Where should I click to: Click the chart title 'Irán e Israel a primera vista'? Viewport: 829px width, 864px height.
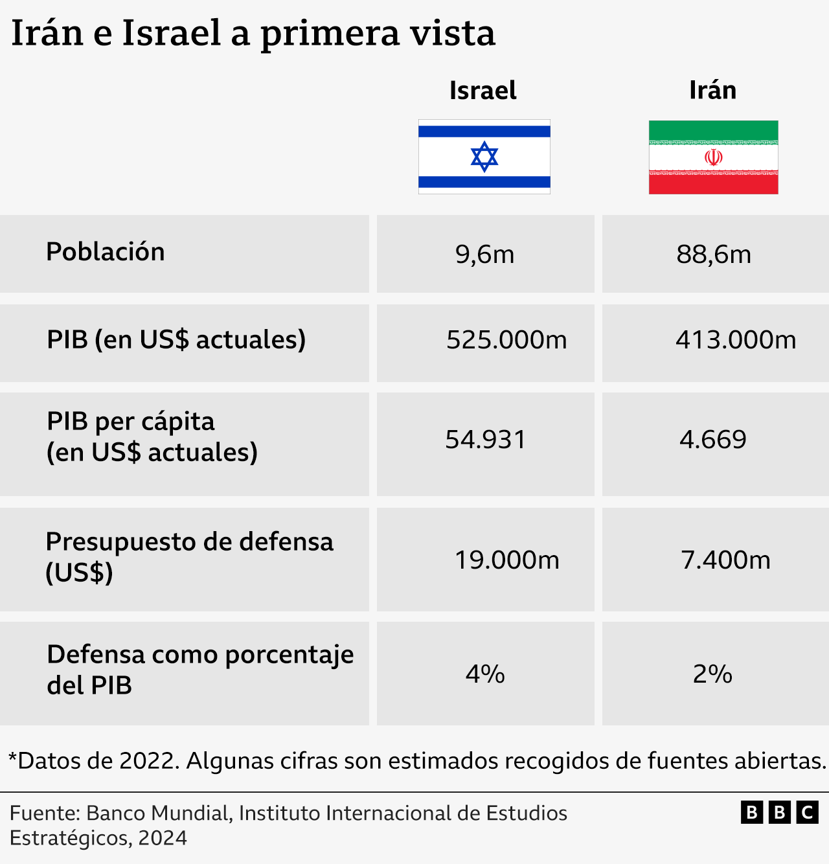[253, 34]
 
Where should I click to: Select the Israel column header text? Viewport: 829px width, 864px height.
[483, 91]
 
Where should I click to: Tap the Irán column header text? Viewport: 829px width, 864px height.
[712, 91]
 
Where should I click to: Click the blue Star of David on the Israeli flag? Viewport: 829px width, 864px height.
[484, 157]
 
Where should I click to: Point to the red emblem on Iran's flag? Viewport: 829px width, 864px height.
[713, 157]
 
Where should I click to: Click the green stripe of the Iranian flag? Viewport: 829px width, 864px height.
[713, 130]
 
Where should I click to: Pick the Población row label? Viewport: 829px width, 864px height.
[106, 252]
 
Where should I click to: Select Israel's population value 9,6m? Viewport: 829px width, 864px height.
[484, 255]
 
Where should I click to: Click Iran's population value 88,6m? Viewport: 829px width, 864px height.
[714, 255]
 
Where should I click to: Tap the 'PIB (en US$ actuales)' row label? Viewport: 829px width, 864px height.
[176, 340]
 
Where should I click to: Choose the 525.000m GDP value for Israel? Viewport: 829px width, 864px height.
[506, 340]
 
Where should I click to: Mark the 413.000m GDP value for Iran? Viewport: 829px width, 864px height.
[736, 340]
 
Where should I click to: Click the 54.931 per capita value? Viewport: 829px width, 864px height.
[485, 440]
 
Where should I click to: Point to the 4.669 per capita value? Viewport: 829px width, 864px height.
[713, 440]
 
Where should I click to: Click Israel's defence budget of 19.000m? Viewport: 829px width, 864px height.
[506, 560]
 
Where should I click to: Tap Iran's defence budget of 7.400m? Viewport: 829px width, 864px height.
[725, 560]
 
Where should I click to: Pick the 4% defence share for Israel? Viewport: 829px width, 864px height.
[485, 674]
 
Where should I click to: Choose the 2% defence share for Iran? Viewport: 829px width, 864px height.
[712, 674]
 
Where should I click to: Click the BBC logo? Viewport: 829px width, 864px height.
[780, 812]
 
